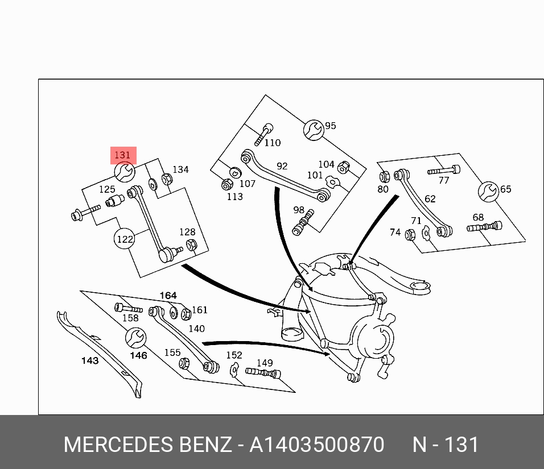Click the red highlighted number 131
tap(123, 155)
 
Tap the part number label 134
tap(180, 169)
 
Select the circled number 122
tap(125, 239)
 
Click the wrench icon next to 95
tap(313, 130)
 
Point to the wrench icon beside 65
tap(488, 191)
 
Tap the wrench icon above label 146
tap(135, 338)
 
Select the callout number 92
tap(282, 166)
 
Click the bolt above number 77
tap(444, 169)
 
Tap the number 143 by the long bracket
tap(90, 360)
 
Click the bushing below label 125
tap(116, 201)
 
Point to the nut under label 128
tap(192, 245)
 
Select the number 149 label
tap(265, 363)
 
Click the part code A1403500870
tap(316, 445)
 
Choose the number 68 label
tap(478, 217)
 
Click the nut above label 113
tap(226, 184)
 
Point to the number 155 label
tap(172, 352)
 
